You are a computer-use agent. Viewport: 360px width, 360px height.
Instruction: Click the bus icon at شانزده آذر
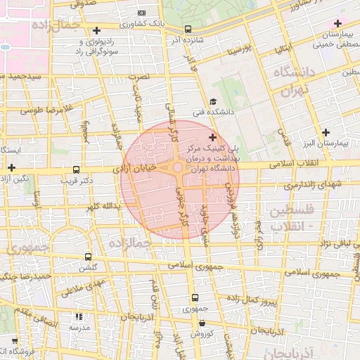pyautogui.click(x=188, y=29)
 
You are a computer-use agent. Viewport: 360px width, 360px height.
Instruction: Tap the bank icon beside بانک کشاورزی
pyautogui.click(x=142, y=13)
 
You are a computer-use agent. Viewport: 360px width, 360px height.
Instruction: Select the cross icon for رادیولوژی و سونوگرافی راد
pyautogui.click(x=96, y=30)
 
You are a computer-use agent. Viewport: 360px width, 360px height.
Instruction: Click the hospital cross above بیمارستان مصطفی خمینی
pyautogui.click(x=337, y=24)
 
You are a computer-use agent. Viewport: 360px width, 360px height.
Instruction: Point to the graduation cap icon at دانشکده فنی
pyautogui.click(x=213, y=102)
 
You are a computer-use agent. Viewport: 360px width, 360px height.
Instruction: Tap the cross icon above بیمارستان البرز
pyautogui.click(x=326, y=132)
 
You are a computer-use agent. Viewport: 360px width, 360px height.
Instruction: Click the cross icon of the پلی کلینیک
pyautogui.click(x=213, y=136)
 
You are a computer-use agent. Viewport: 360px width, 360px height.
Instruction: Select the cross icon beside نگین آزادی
pyautogui.click(x=12, y=167)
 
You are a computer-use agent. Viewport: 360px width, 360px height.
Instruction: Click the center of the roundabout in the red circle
pyautogui.click(x=176, y=169)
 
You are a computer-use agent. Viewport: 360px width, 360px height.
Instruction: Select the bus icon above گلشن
pyautogui.click(x=88, y=257)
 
